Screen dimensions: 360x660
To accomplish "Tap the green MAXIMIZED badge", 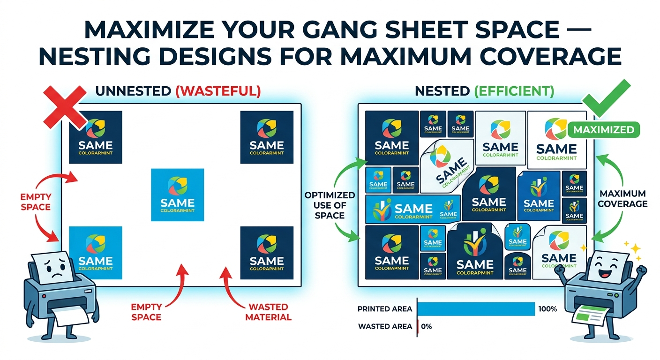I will click(604, 129).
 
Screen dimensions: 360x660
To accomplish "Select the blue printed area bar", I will click(475, 309).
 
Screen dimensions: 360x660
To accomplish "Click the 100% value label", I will click(547, 309).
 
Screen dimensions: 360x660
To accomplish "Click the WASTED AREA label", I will click(385, 326).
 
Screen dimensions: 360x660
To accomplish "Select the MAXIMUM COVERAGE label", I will click(623, 199).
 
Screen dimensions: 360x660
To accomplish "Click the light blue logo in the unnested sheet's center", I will click(177, 195).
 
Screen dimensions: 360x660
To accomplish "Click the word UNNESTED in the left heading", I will click(133, 91).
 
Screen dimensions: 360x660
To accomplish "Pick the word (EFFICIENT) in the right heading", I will click(521, 91).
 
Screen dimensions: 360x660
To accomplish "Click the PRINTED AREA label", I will click(385, 309).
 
